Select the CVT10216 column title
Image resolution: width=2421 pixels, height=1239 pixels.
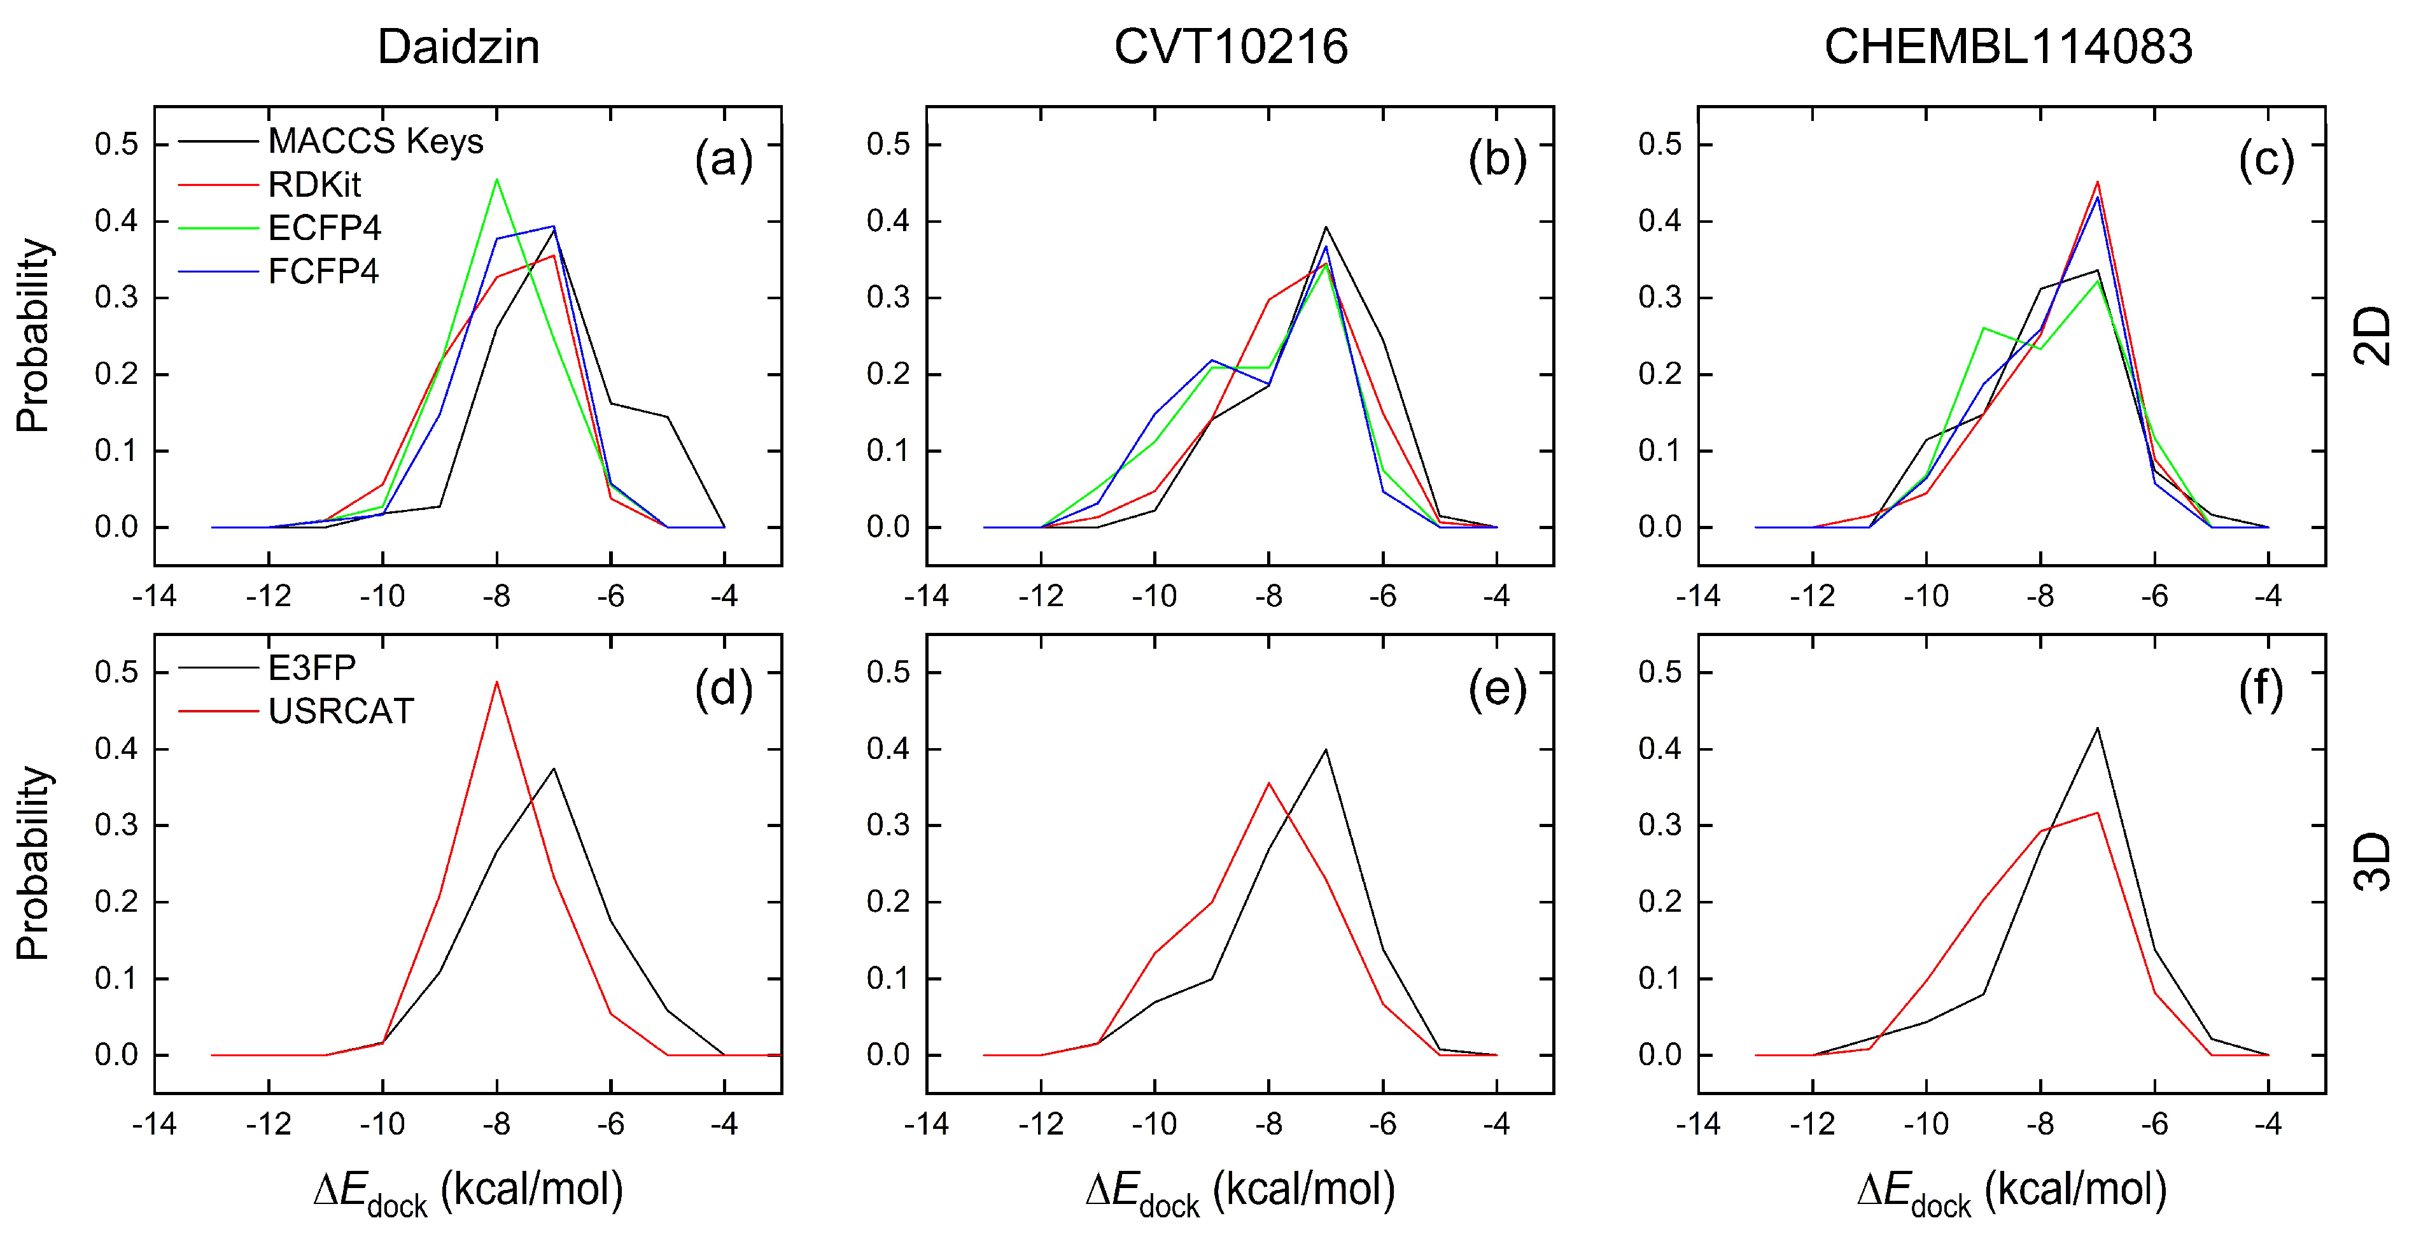point(1230,47)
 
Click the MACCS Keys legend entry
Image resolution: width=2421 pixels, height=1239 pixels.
point(375,142)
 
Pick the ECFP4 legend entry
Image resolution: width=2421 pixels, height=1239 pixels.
point(324,229)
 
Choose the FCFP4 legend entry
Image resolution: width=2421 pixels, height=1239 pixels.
point(323,272)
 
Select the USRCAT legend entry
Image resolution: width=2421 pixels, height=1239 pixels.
point(340,712)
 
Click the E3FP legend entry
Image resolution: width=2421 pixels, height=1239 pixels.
point(312,669)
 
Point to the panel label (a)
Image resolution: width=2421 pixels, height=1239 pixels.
point(723,160)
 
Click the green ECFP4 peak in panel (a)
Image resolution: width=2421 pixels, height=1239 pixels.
point(496,180)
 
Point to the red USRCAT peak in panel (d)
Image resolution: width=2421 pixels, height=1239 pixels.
point(496,683)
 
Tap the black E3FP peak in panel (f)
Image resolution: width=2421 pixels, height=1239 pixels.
point(2097,728)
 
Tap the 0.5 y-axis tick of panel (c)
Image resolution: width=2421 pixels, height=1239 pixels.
point(1660,145)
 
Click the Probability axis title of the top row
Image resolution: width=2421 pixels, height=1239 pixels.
point(33,336)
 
